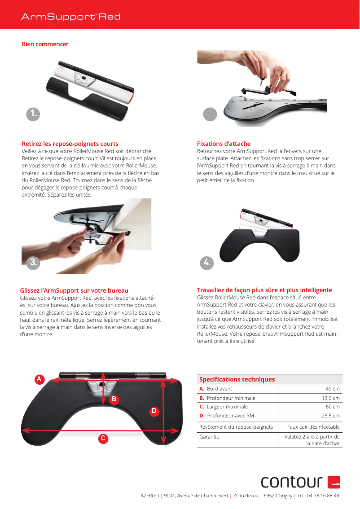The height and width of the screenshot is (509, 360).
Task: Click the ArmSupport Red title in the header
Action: [71, 17]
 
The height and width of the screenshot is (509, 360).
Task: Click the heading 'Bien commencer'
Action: [45, 44]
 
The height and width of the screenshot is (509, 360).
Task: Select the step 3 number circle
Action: [33, 263]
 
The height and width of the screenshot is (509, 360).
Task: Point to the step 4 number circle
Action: [207, 263]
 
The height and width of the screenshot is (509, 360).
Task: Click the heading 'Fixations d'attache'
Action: [224, 144]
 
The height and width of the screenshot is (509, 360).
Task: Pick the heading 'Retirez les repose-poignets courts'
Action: [70, 144]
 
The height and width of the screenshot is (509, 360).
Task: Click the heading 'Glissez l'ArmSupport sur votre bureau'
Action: [74, 290]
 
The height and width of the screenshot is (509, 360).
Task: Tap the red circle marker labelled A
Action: [39, 379]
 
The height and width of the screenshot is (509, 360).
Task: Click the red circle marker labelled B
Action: [114, 399]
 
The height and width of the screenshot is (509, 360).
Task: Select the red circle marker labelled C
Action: [103, 438]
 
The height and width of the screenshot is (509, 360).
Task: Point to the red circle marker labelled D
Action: [154, 411]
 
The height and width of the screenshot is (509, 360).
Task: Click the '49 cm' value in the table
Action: [332, 389]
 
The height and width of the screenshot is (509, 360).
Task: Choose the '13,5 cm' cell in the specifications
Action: [330, 398]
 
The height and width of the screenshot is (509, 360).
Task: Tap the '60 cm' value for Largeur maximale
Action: [332, 407]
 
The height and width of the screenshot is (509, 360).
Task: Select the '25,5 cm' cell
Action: [330, 416]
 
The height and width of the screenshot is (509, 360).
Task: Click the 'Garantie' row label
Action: [209, 437]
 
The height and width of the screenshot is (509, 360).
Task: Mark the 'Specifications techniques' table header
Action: [237, 379]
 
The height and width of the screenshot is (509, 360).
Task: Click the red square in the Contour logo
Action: [334, 482]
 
